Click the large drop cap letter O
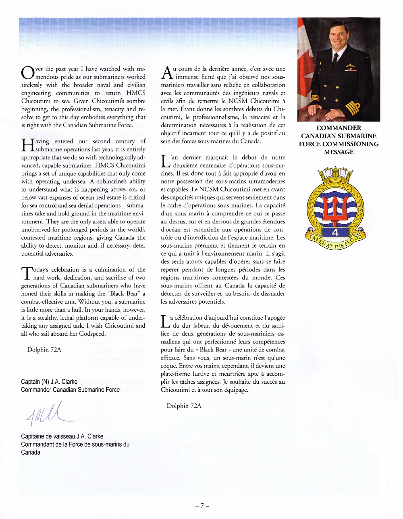(28, 73)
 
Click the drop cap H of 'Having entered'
(27, 145)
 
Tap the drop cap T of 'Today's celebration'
(27, 274)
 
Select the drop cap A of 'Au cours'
(166, 73)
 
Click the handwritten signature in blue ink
(46, 414)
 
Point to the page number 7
(201, 506)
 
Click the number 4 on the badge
(335, 232)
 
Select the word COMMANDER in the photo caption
(339, 128)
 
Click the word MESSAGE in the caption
(339, 152)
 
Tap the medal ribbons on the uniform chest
(350, 70)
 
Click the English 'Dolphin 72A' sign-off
(44, 350)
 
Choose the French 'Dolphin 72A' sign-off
(184, 406)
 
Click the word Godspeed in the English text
(92, 334)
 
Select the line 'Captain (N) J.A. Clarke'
(49, 382)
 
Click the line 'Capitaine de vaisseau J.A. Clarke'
(62, 436)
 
